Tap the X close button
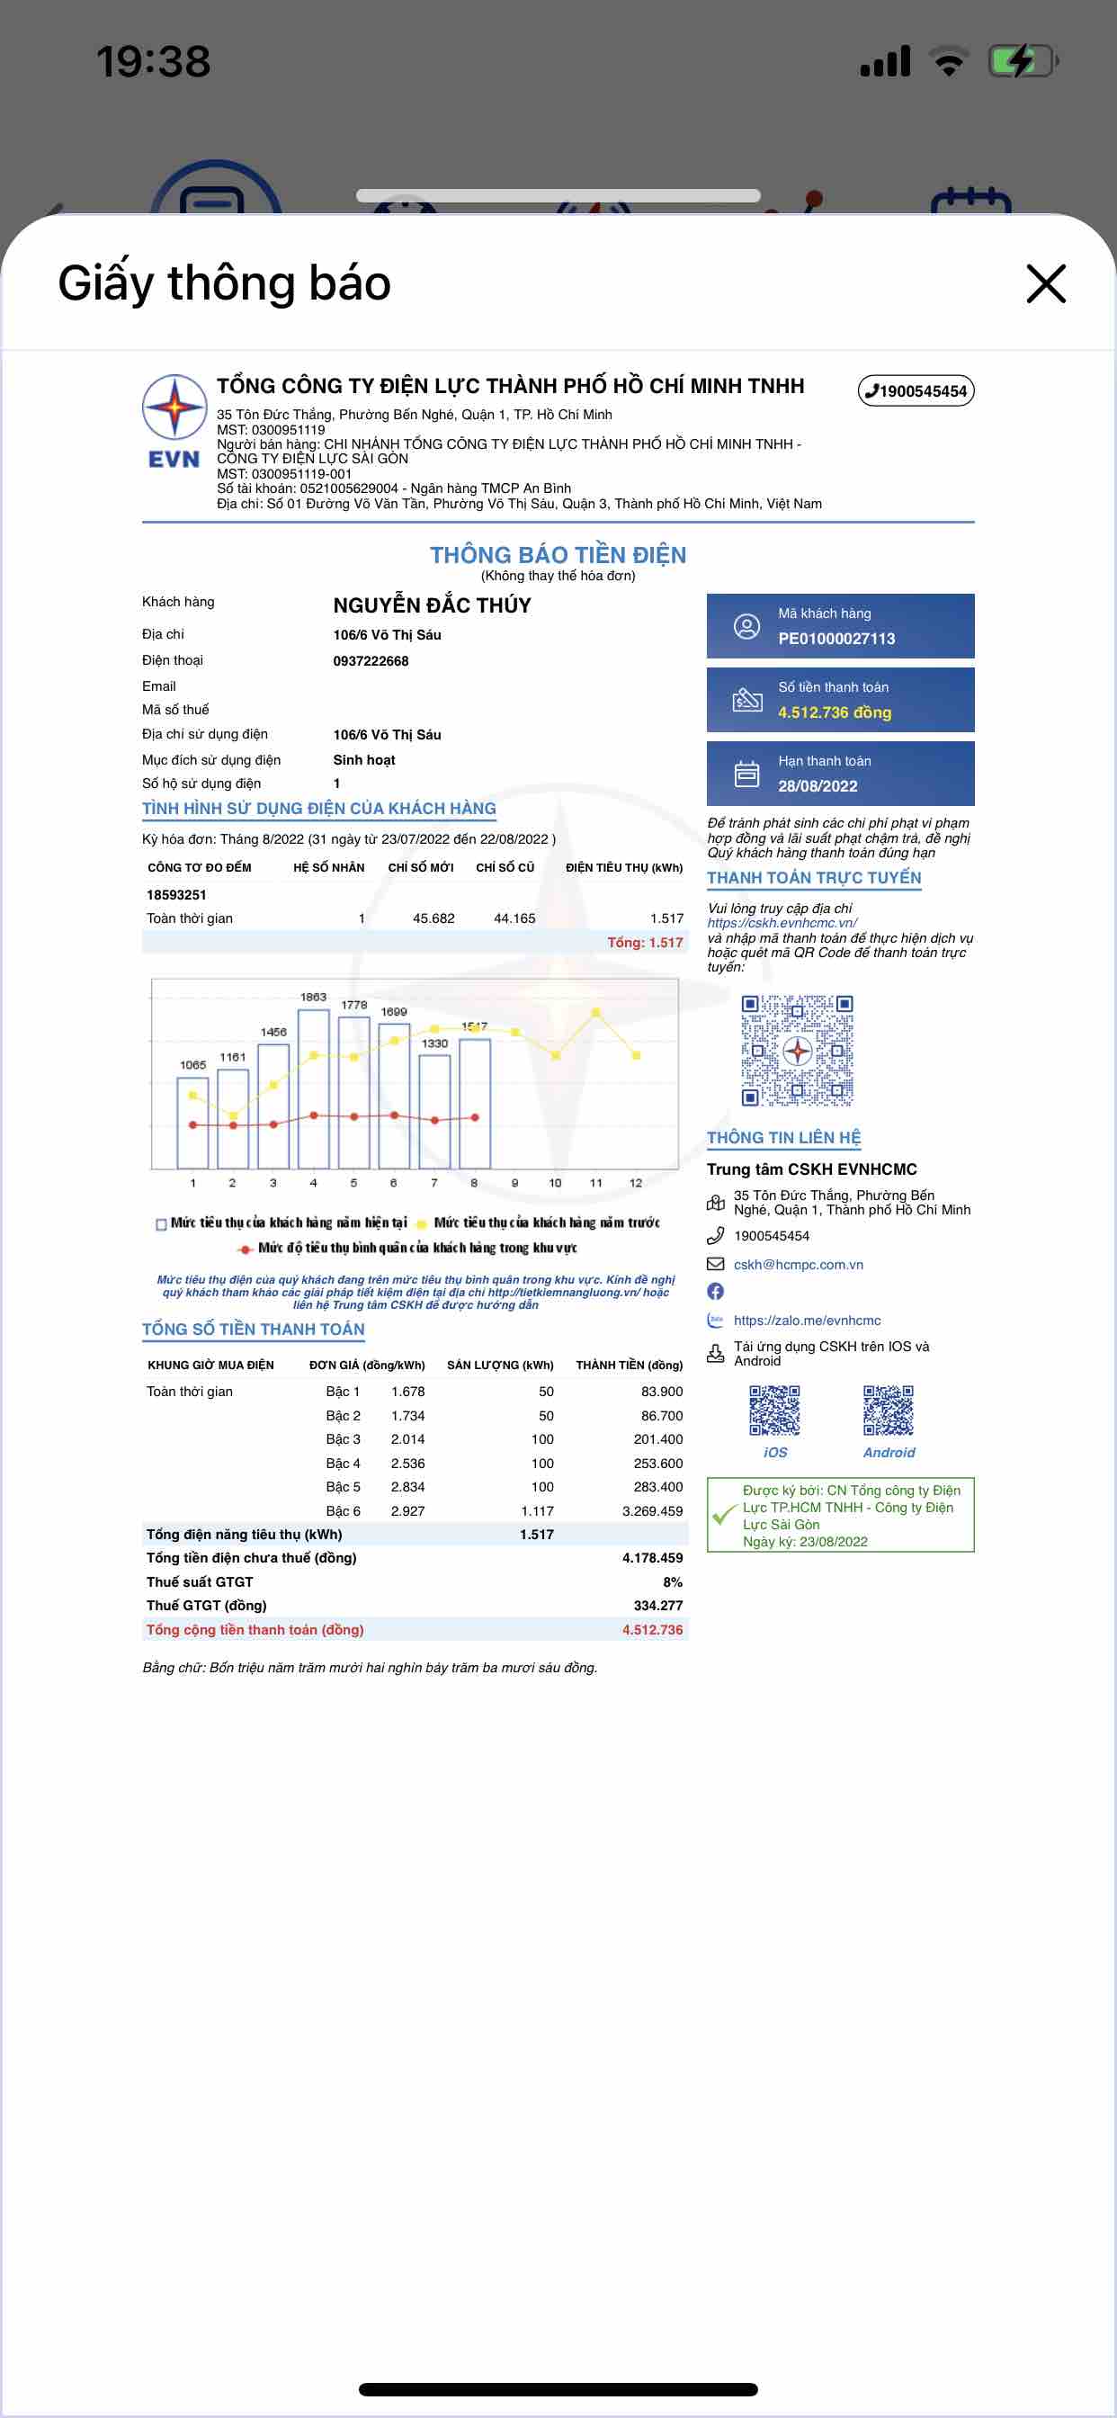(1046, 283)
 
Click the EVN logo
(174, 420)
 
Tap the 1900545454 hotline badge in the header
(916, 390)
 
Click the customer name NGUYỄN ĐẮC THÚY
(432, 605)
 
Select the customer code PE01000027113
(836, 639)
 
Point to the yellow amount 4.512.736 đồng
(835, 712)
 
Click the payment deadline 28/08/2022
(818, 785)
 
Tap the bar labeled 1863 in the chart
(314, 1088)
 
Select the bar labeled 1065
(192, 1122)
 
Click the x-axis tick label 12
(636, 1183)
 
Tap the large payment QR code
(797, 1051)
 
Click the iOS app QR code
(774, 1410)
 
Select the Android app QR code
(888, 1410)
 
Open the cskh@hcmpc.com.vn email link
(798, 1265)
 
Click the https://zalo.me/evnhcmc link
(807, 1320)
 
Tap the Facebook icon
(715, 1292)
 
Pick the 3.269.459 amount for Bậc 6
(652, 1510)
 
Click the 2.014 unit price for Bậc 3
(407, 1439)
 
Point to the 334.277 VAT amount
(658, 1605)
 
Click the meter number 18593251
(176, 894)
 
